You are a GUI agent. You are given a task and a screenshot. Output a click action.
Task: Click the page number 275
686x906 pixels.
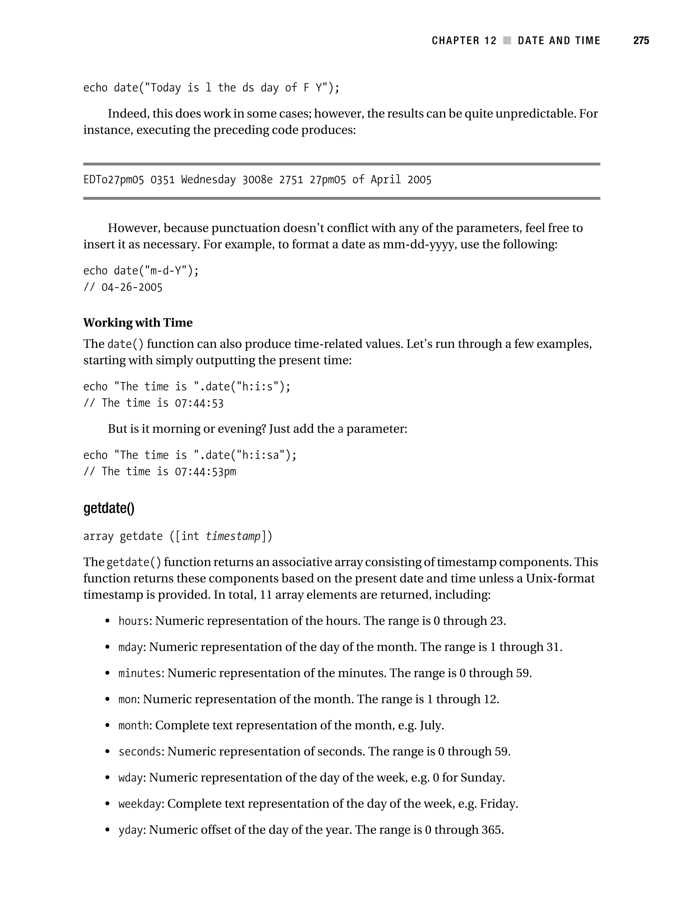641,41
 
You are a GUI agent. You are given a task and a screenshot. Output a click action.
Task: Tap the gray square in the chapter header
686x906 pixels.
507,41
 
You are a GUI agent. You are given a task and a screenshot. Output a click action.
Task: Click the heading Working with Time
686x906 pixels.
138,323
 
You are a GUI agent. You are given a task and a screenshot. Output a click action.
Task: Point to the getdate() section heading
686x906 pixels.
109,508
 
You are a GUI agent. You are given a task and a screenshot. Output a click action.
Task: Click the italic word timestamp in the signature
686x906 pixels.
233,536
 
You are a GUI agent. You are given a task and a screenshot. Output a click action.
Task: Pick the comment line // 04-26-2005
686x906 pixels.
123,288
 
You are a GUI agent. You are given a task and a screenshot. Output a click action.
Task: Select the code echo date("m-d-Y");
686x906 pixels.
141,271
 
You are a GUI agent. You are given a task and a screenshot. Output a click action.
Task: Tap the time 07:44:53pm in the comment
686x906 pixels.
205,472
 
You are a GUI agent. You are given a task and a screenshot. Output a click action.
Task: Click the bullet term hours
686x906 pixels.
134,621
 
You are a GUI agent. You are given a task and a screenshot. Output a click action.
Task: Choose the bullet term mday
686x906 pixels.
131,647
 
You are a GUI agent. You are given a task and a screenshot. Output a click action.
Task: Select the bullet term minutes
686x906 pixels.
140,673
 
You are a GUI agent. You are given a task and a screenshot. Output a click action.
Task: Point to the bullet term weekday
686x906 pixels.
140,804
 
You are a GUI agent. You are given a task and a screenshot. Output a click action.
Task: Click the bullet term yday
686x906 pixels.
131,830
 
